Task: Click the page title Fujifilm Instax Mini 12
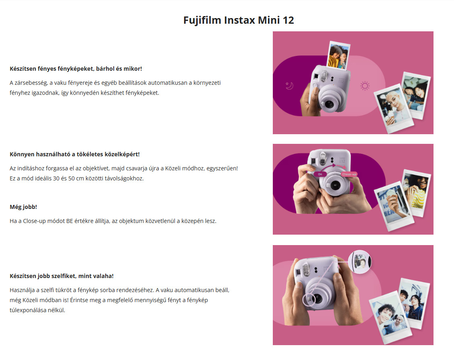tap(239, 20)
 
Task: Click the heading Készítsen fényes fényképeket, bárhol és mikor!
tap(76, 69)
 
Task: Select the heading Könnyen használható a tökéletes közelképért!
tap(75, 154)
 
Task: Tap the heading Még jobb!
tap(23, 207)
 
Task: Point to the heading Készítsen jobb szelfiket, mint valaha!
tap(62, 276)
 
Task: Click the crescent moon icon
tap(290, 86)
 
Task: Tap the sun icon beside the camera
tap(365, 86)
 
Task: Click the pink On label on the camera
tap(320, 174)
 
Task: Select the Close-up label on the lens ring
tap(349, 174)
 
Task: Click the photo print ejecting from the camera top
tap(338, 55)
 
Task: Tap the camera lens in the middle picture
tap(335, 185)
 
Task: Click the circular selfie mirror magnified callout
tap(360, 262)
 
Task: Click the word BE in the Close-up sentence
tap(70, 221)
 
